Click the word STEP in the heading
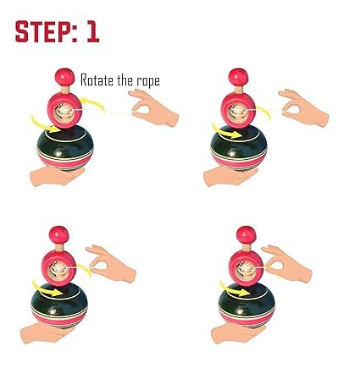point(47,31)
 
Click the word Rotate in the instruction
point(98,81)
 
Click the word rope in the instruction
point(146,82)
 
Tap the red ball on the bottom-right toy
point(245,233)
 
